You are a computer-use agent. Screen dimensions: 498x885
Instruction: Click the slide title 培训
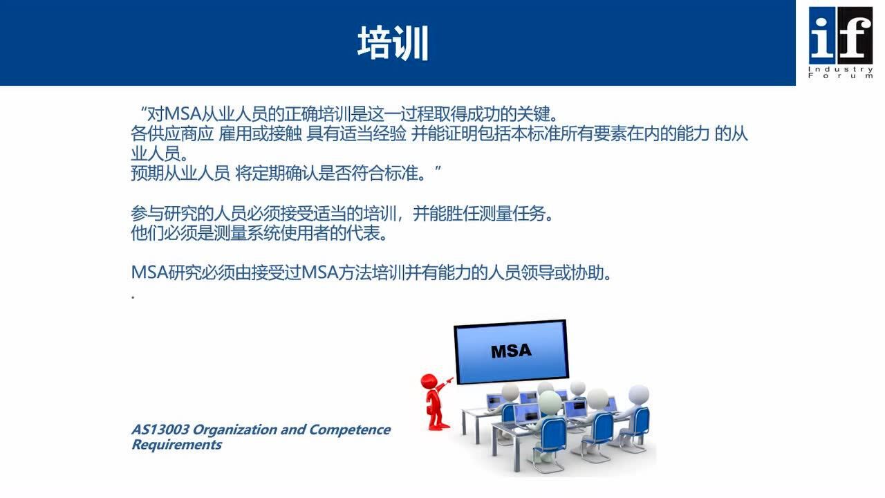point(393,44)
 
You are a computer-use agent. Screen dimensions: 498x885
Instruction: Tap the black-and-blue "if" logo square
point(841,34)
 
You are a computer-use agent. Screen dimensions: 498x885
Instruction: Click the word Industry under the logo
point(841,69)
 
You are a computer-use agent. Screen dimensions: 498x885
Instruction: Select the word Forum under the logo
point(841,76)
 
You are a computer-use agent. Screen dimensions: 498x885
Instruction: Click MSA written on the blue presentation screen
point(511,351)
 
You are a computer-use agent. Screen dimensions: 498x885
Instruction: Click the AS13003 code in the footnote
point(160,430)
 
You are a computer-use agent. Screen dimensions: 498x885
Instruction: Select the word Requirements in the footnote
point(176,445)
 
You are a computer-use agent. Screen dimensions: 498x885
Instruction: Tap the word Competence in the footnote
point(349,430)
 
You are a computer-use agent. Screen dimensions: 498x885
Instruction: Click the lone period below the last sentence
point(133,297)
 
